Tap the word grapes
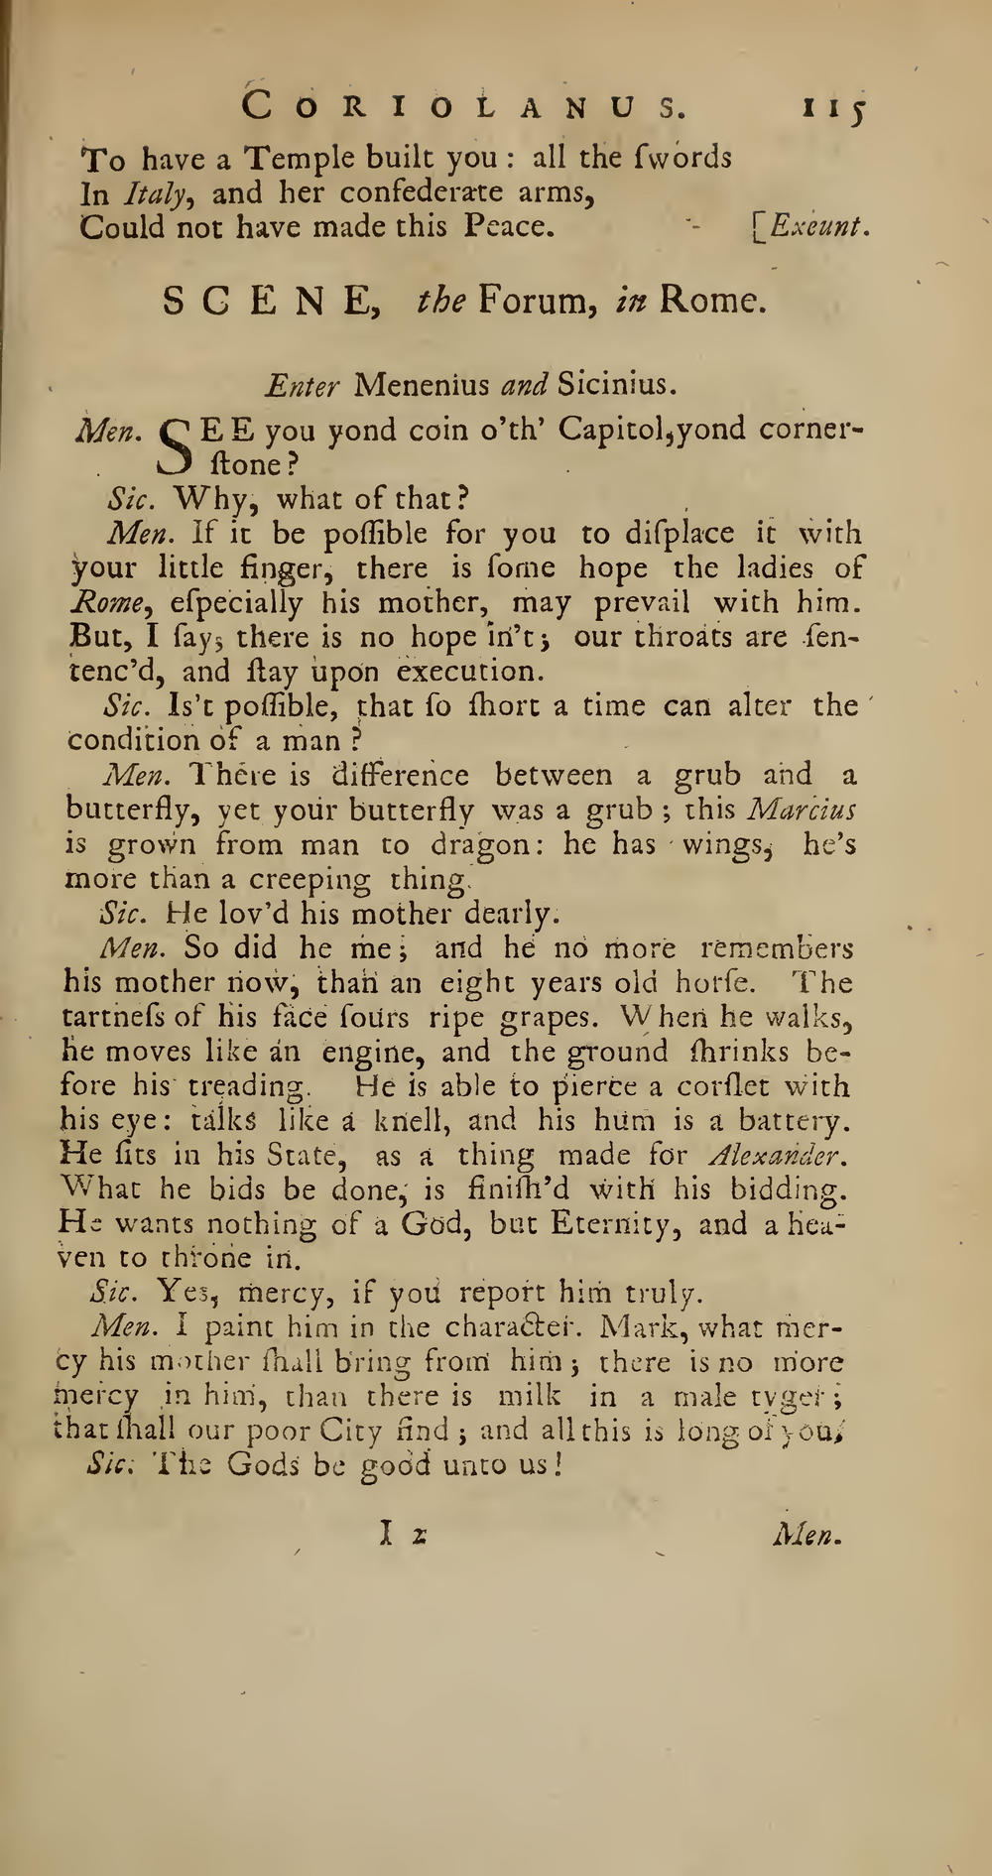coord(538,1018)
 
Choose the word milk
coord(529,1396)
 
